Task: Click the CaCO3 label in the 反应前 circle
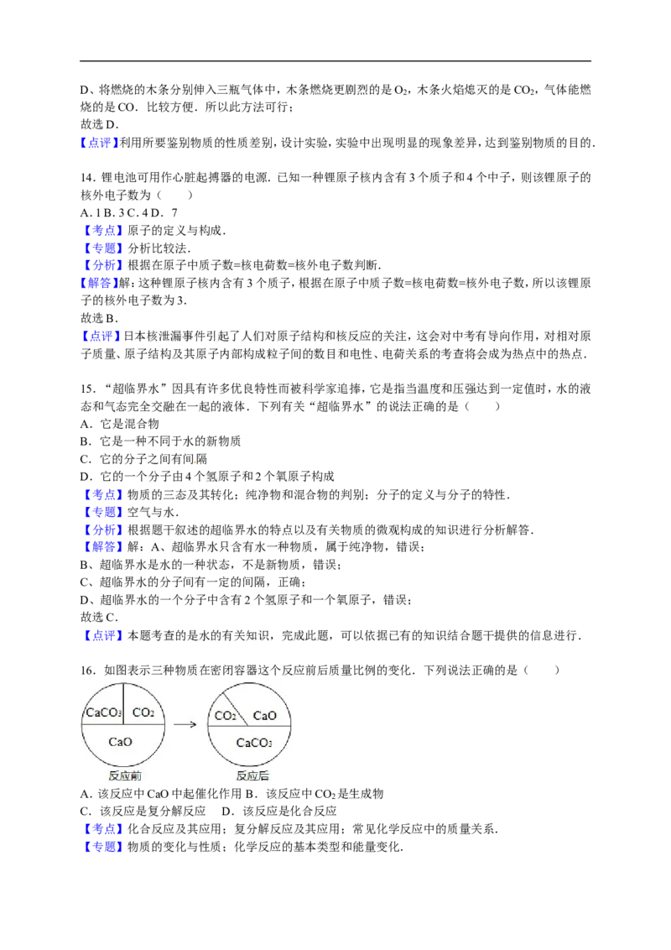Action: pos(103,712)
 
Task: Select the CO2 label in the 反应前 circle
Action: pos(143,712)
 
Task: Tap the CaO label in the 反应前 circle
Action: pos(121,742)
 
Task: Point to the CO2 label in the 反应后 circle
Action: pos(225,716)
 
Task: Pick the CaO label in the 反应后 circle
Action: pos(265,716)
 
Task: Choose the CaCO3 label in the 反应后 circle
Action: pos(253,743)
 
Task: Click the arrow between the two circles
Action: pos(185,724)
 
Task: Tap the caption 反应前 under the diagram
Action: pos(124,777)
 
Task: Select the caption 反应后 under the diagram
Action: pos(252,777)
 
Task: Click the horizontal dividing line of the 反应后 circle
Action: pos(277,726)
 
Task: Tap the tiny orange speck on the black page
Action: pos(195,462)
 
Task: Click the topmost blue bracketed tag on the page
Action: pos(101,144)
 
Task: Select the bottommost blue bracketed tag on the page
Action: pos(103,846)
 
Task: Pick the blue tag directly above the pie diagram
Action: pos(103,635)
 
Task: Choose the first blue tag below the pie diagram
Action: pos(103,828)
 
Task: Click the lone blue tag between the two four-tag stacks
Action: pos(101,337)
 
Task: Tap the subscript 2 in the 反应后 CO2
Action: pos(234,718)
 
